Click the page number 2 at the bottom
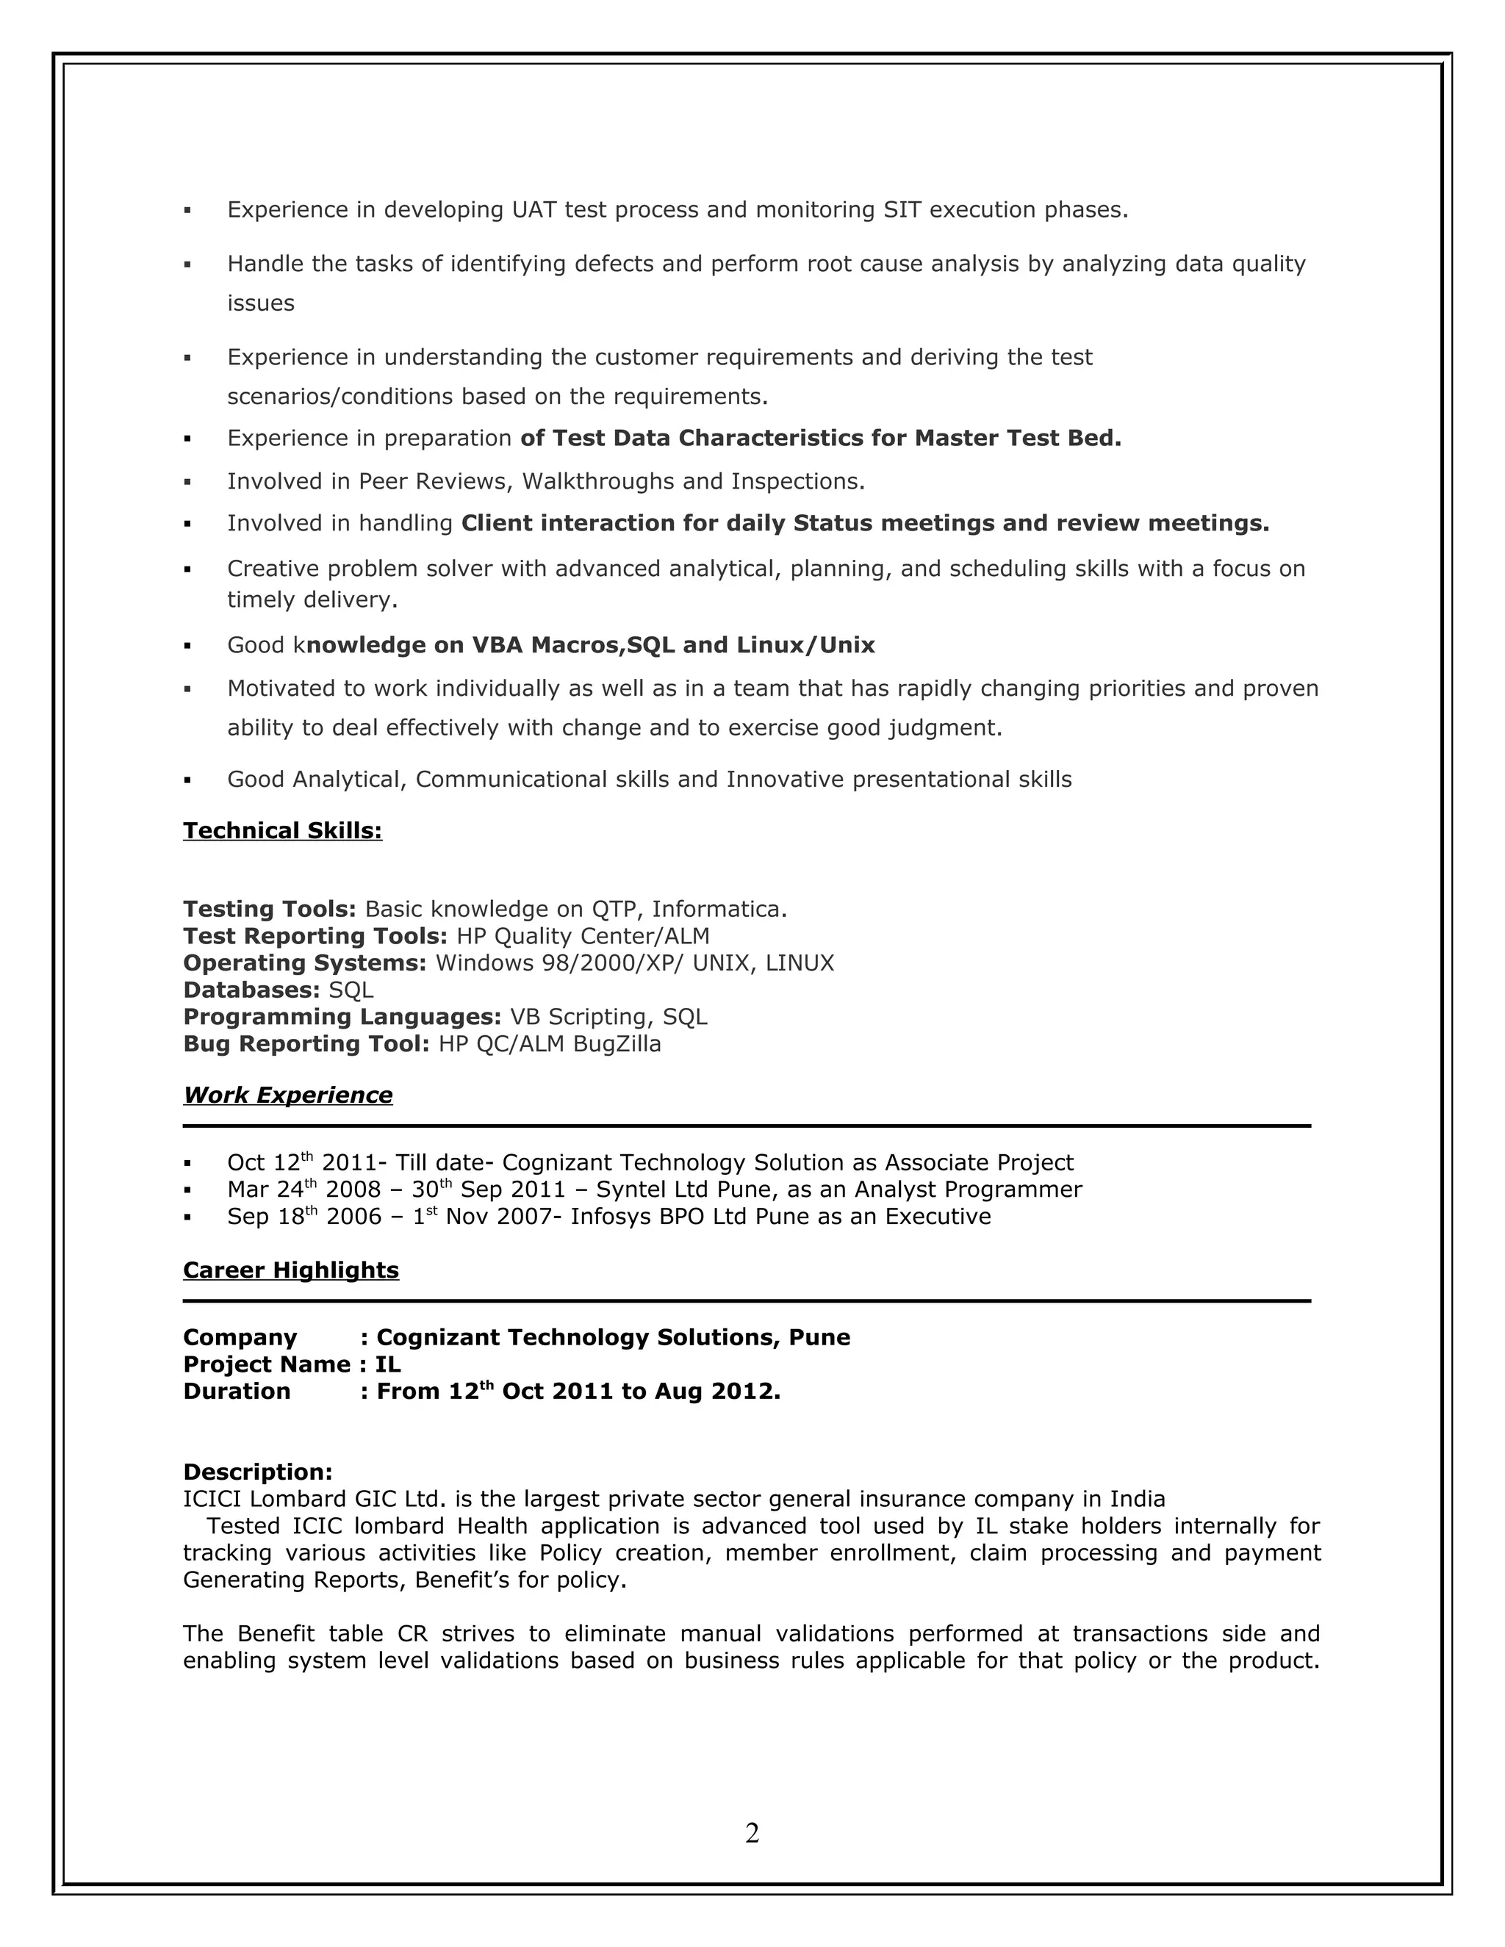tap(752, 1833)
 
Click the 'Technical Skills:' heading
tap(283, 831)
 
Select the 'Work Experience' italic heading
tap(288, 1095)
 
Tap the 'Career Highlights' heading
tap(291, 1270)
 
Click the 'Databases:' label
tap(251, 990)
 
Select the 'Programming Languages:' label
tap(342, 1017)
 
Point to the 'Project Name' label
tap(267, 1365)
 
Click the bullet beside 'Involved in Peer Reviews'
tap(187, 482)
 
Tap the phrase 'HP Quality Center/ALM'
tap(583, 936)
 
